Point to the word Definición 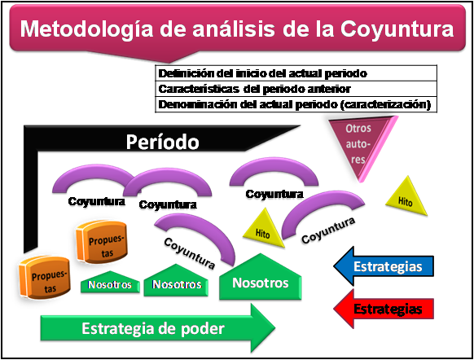(181, 73)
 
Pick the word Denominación (195, 104)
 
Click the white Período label (163, 143)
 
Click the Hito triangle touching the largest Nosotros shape (262, 230)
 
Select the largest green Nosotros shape (260, 281)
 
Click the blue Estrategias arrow (384, 266)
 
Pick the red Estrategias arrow (384, 309)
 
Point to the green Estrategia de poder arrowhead (265, 328)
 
